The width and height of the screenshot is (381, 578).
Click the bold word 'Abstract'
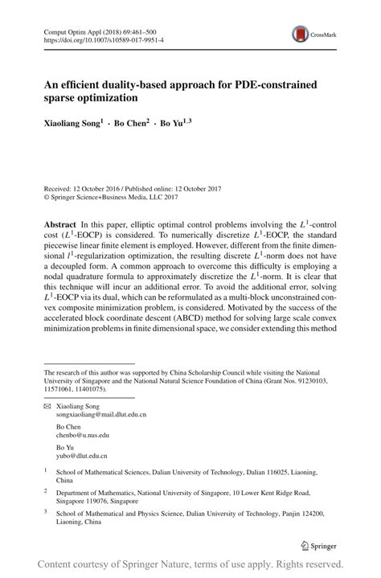(62, 221)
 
